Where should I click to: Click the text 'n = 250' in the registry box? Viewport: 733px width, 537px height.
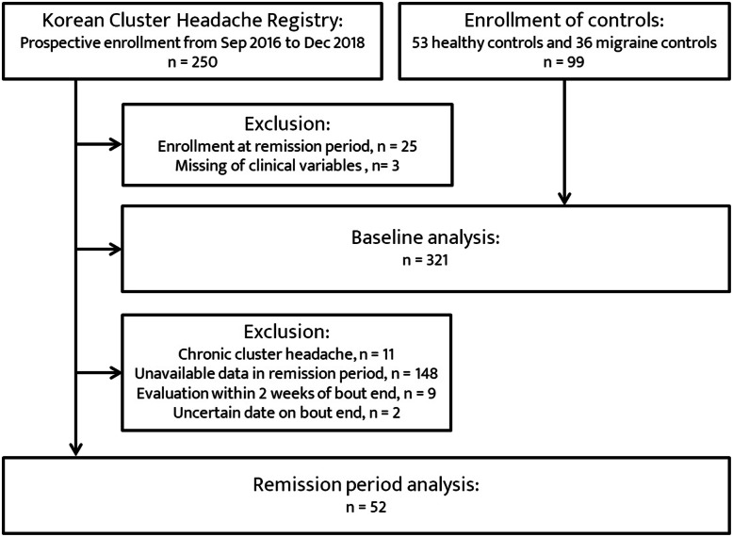tap(192, 62)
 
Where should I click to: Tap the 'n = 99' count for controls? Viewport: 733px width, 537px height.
tap(563, 62)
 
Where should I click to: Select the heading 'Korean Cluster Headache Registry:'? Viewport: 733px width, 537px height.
tap(192, 21)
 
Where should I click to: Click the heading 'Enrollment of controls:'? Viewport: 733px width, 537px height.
tap(563, 21)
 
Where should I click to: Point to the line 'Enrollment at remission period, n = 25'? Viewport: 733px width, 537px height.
tap(287, 146)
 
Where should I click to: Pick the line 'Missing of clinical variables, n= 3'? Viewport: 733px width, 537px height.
tap(287, 166)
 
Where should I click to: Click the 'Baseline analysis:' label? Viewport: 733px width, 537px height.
tap(426, 237)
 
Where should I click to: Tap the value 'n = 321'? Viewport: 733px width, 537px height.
tap(426, 260)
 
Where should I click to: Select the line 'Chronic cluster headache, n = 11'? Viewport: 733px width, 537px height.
tap(286, 354)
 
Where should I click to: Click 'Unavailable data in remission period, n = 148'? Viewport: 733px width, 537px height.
tap(286, 374)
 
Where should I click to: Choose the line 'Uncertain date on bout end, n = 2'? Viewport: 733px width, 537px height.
tap(286, 414)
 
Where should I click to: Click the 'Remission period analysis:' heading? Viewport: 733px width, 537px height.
tap(366, 484)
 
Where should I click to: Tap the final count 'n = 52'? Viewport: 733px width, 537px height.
tap(366, 507)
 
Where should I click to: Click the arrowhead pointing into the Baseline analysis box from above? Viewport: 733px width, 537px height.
tap(564, 199)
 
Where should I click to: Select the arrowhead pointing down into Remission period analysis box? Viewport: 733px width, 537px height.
tap(75, 449)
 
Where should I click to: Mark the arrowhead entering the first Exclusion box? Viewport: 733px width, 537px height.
tap(116, 144)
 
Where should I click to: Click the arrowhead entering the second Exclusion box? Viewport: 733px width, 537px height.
tap(116, 372)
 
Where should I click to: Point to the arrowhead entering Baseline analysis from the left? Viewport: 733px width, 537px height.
tap(116, 249)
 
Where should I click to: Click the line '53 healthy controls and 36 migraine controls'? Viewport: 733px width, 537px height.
tap(563, 43)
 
